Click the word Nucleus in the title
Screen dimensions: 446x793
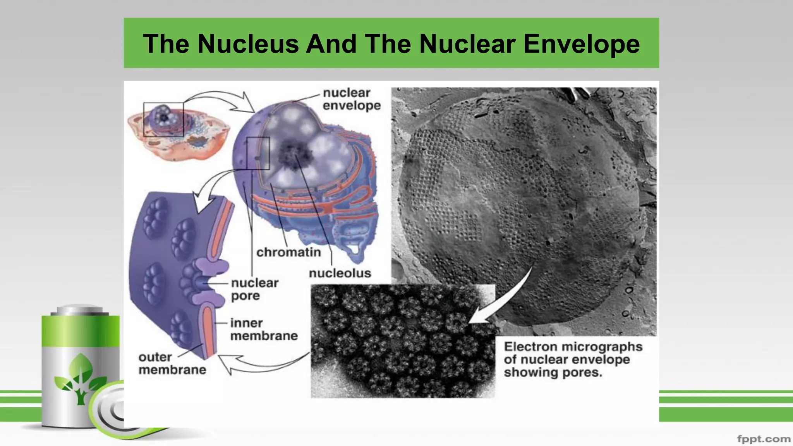[x=248, y=43]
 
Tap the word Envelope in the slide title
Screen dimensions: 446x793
[x=581, y=43]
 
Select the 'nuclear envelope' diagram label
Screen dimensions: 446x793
[x=351, y=99]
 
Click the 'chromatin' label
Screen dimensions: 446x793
[x=288, y=252]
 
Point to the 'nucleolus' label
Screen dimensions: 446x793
[x=340, y=273]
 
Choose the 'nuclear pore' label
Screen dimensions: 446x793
[x=254, y=289]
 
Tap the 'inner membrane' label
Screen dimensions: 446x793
[x=264, y=329]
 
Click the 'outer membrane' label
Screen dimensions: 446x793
[x=172, y=363]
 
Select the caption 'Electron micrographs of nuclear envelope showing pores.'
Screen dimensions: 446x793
[x=573, y=359]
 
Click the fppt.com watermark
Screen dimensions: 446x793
[x=764, y=439]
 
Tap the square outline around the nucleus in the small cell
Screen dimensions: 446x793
[x=163, y=119]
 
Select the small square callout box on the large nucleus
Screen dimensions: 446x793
[x=258, y=153]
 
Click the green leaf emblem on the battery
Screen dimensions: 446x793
[x=81, y=377]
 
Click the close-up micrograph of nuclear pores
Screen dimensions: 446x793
[x=403, y=341]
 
